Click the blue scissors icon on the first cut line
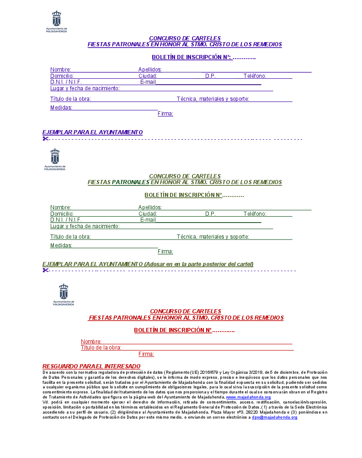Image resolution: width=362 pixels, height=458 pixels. pyautogui.click(x=45, y=139)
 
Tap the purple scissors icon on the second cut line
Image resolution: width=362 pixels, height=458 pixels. pyautogui.click(x=45, y=270)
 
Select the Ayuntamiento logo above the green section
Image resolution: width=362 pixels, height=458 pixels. pyautogui.click(x=55, y=159)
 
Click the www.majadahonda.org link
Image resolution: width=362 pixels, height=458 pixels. pyautogui.click(x=248, y=397)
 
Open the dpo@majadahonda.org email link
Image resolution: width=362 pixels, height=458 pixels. pyautogui.click(x=274, y=418)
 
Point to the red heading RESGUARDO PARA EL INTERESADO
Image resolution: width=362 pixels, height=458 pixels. pyautogui.click(x=91, y=366)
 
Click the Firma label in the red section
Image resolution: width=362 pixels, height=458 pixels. pyautogui.click(x=146, y=354)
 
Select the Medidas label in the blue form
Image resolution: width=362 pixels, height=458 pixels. pyautogui.click(x=61, y=108)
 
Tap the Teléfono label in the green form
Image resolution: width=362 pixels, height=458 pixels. pyautogui.click(x=255, y=214)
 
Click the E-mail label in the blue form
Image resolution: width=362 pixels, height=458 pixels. pyautogui.click(x=148, y=82)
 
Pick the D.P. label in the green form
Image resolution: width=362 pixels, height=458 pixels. pyautogui.click(x=210, y=214)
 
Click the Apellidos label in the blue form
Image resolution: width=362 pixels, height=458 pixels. pyautogui.click(x=150, y=70)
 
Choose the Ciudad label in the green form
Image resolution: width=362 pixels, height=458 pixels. pyautogui.click(x=148, y=214)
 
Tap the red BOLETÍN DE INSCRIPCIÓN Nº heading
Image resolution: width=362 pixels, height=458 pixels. pyautogui.click(x=173, y=330)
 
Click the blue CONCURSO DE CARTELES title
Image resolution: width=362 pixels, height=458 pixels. pyautogui.click(x=185, y=38)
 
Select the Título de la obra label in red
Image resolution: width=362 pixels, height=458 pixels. pyautogui.click(x=101, y=348)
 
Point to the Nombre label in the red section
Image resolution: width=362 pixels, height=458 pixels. pyautogui.click(x=91, y=342)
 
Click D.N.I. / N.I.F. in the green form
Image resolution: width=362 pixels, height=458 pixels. pyautogui.click(x=66, y=220)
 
